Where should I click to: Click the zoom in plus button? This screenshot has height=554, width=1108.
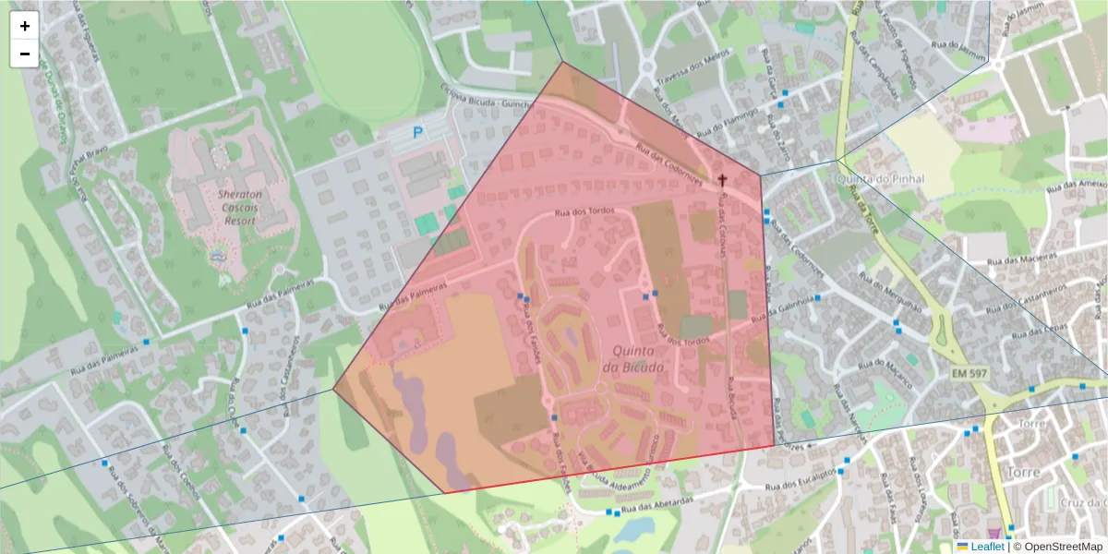point(25,26)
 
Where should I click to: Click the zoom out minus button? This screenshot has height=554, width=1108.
point(25,54)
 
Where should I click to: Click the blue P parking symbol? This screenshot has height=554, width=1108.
point(417,134)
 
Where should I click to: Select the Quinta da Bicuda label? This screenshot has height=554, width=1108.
point(632,359)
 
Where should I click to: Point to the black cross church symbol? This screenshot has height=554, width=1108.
point(723,179)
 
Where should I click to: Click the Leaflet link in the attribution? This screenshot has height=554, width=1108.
point(986,547)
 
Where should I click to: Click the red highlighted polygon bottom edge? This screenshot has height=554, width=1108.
point(609,469)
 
